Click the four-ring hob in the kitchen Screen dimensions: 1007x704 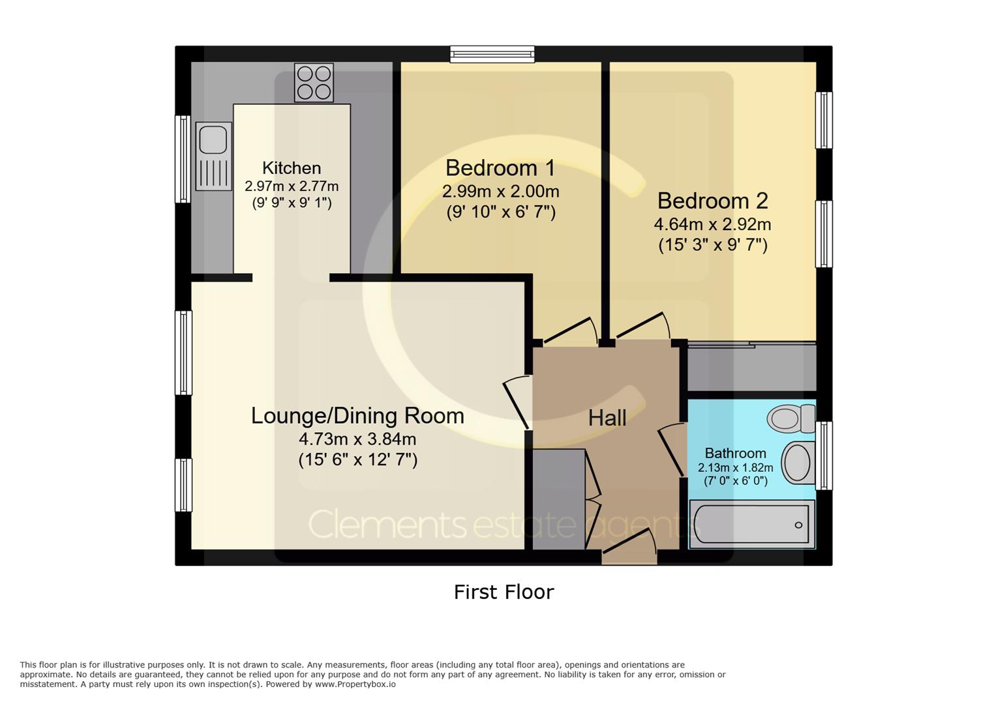(314, 83)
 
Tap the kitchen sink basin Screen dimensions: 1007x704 (213, 139)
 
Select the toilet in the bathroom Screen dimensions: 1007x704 (791, 418)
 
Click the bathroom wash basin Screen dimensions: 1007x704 (799, 463)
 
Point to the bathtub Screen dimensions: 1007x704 (752, 524)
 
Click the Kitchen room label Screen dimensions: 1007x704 (292, 168)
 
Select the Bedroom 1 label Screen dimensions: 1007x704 (500, 168)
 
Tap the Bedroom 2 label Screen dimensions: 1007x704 (713, 201)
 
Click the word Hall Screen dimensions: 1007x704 (607, 418)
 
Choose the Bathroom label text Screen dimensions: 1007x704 (736, 453)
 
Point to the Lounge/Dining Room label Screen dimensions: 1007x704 (357, 416)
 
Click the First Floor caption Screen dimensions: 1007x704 (504, 592)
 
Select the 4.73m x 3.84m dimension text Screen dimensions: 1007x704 (357, 439)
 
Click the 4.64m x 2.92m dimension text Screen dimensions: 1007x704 (713, 224)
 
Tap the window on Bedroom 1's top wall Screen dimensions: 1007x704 (492, 54)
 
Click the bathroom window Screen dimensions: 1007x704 (824, 456)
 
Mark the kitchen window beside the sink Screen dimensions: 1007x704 (183, 159)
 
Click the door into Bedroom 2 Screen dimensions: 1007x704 (643, 326)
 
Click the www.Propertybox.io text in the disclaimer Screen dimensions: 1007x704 (355, 684)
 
